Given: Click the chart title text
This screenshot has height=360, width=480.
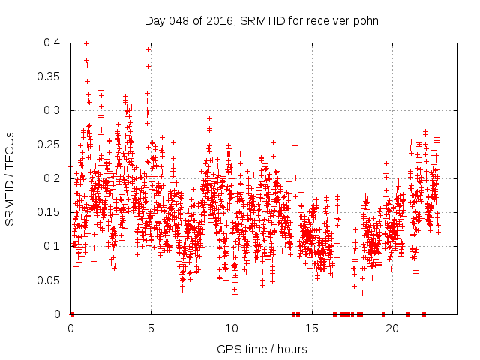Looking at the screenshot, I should point(261,20).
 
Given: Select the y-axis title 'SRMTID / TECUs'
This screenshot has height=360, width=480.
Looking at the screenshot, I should point(10,178).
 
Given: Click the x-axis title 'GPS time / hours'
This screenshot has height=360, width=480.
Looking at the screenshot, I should point(262,349).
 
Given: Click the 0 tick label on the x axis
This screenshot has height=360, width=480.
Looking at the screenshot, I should point(71,328).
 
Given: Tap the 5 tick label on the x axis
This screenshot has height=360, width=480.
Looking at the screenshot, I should point(151,328).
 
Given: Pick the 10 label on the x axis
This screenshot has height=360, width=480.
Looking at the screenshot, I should point(232,328).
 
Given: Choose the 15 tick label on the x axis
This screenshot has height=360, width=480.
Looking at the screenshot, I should point(312,328).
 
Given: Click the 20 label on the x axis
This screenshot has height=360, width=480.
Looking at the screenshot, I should point(392,328).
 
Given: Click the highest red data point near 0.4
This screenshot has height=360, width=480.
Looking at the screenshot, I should point(86,43).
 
